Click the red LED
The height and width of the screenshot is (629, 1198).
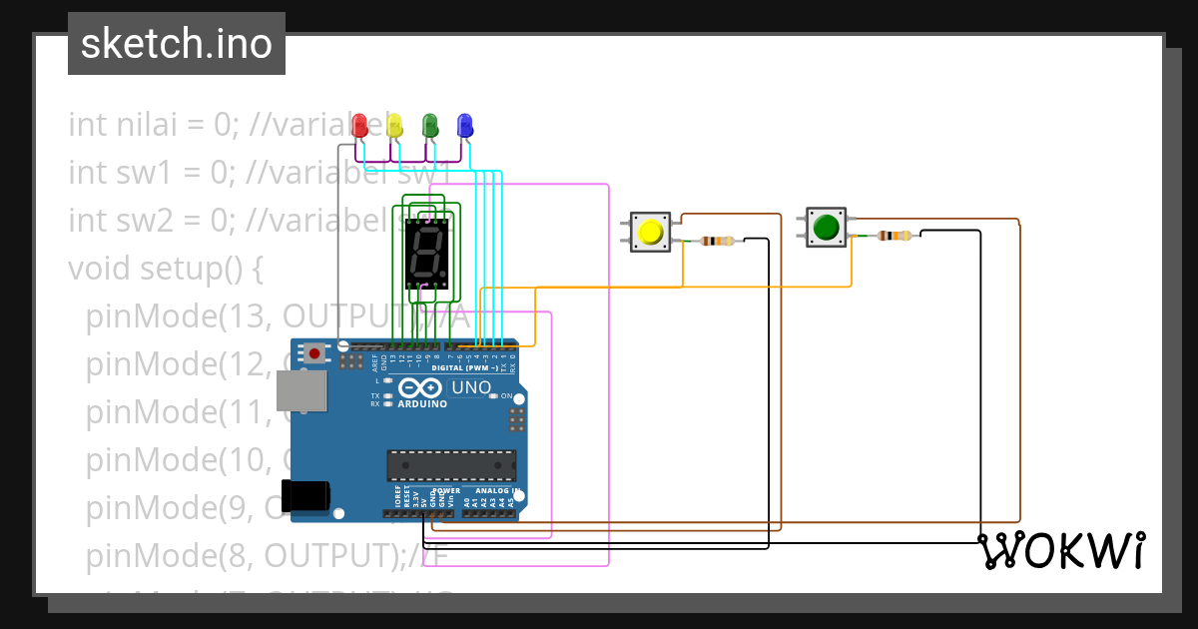coord(360,125)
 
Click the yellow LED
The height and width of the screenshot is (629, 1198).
coord(394,125)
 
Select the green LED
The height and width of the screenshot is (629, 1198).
coord(430,125)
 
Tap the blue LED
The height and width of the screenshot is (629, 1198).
coord(464,125)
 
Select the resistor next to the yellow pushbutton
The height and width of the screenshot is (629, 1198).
coord(717,241)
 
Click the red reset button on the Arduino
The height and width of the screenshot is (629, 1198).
coord(315,352)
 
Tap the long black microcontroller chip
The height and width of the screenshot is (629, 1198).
coord(451,465)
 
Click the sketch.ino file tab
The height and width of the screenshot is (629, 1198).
coord(177,44)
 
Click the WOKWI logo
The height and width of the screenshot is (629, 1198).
coord(1061,550)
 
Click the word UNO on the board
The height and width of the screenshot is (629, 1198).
coord(471,387)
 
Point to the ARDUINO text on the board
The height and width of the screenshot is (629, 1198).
coord(421,404)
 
